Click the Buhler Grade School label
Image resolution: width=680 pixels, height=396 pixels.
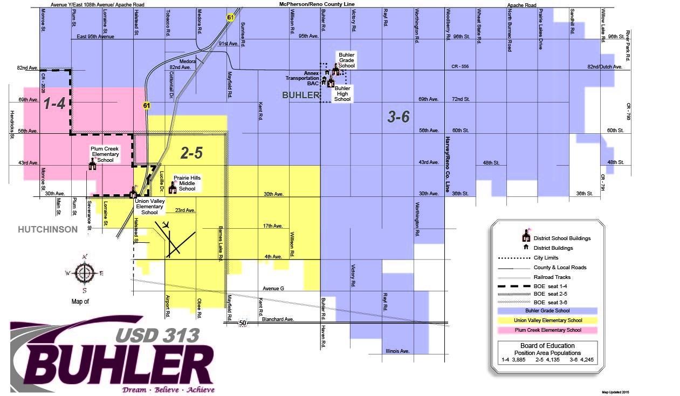click(346, 60)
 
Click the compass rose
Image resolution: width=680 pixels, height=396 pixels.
click(84, 273)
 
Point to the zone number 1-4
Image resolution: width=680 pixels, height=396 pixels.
click(54, 104)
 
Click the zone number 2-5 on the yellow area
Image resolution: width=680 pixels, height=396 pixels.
click(191, 153)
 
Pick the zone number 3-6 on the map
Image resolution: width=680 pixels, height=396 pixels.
click(398, 117)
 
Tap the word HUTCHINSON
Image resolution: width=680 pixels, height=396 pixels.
click(47, 229)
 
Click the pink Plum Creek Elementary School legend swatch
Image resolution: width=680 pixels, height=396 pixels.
click(547, 330)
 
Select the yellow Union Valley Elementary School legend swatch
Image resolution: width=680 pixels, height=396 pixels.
click(547, 320)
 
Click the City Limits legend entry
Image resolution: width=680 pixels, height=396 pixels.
click(546, 258)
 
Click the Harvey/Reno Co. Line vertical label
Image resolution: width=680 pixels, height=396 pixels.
click(447, 164)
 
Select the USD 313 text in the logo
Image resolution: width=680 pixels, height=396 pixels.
click(157, 335)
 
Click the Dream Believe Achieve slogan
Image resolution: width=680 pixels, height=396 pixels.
click(168, 390)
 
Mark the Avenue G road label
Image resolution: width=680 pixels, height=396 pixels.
click(273, 289)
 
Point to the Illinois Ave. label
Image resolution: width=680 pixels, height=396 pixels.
click(397, 351)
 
